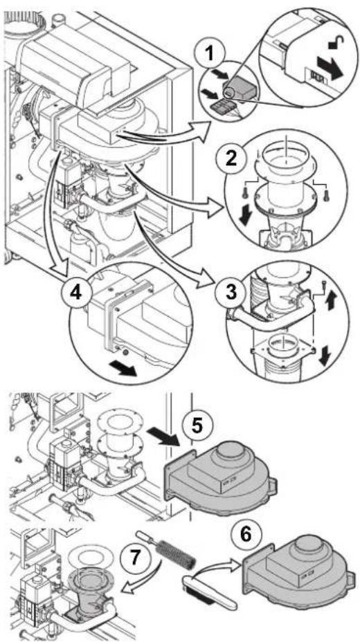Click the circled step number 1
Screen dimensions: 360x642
(x=209, y=54)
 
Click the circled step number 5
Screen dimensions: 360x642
(x=198, y=426)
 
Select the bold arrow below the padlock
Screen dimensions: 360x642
(x=330, y=68)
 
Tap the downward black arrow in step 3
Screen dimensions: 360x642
(x=325, y=356)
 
